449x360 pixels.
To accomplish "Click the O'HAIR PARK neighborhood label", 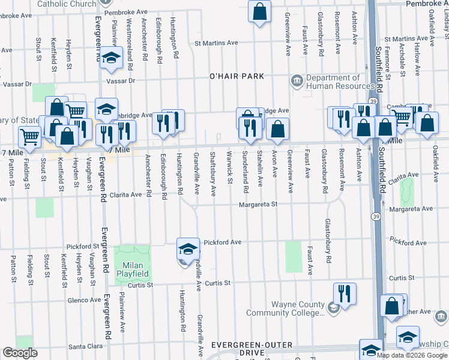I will (237, 77).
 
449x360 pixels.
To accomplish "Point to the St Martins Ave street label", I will (216, 43).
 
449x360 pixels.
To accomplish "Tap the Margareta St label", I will (259, 205).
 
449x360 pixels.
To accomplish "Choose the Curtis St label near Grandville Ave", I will (217, 283).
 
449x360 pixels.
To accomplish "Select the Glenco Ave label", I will (85, 299).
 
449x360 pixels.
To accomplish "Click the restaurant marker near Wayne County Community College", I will (344, 293).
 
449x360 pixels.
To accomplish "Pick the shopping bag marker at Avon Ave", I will (277, 128).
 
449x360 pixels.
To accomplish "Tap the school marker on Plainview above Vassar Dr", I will (110, 58).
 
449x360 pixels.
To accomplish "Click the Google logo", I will (20, 353).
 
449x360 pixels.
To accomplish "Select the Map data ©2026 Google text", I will (412, 355).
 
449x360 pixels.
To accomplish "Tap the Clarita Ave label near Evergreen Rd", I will (125, 194).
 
